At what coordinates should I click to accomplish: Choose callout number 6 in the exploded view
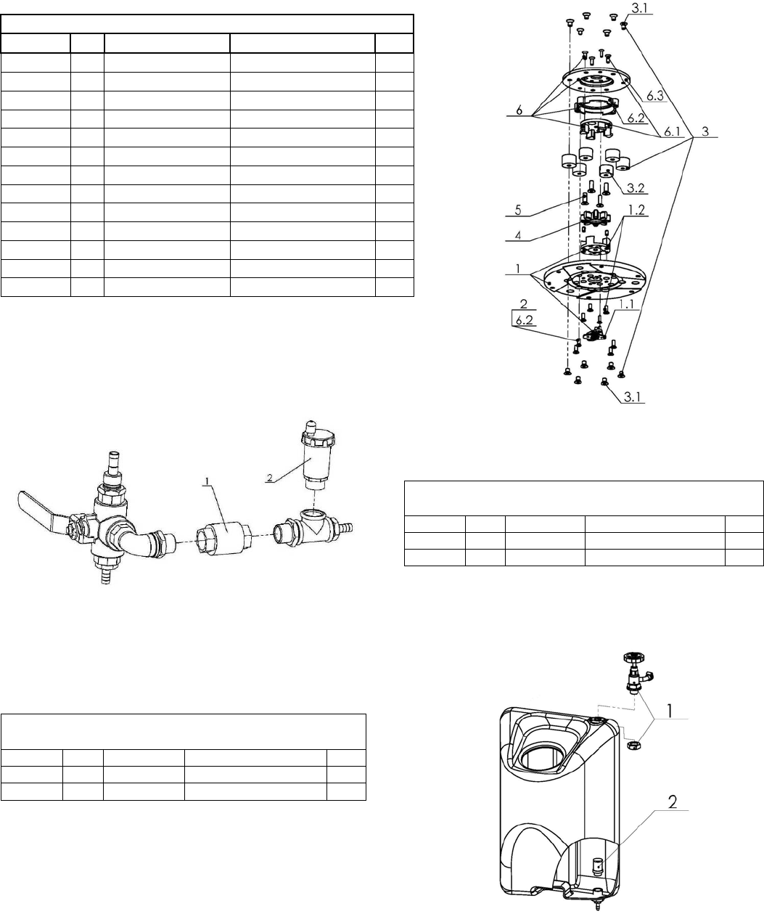click(x=517, y=112)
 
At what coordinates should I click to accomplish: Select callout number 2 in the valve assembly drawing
click(x=269, y=478)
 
